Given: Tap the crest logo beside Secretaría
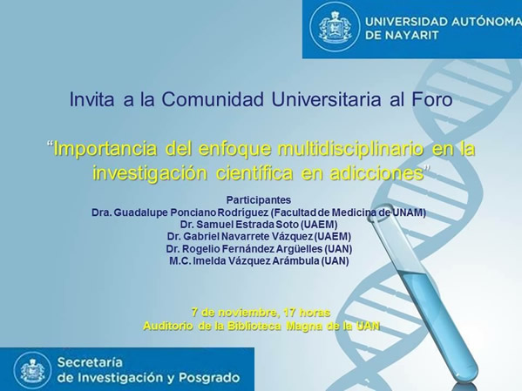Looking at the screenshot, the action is [x=32, y=370].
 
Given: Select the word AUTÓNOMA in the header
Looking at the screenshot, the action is [x=487, y=22].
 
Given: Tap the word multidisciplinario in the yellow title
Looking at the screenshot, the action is [x=351, y=150].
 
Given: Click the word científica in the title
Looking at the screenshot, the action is [x=254, y=173].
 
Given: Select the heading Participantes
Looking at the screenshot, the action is [x=259, y=200].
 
